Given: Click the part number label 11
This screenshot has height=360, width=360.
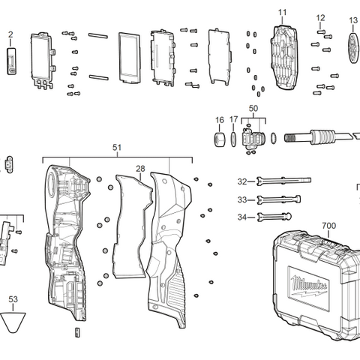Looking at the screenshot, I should coord(282,13).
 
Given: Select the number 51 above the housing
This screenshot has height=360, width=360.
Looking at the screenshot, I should coord(116,149).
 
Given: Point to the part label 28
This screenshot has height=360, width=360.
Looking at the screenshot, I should coord(140,169).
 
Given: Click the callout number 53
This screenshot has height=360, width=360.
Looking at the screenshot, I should coord(13,299).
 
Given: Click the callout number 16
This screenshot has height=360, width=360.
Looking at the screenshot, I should coord(220,120).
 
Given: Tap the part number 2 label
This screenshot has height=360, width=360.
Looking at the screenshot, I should coord(10,34).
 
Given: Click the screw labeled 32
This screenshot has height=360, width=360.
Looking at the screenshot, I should coord(281,181).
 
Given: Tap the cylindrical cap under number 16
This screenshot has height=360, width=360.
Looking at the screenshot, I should coord(220,139).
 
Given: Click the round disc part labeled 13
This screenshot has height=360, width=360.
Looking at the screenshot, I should coord(354,46).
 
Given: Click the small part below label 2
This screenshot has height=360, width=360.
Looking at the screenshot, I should coord(11,60).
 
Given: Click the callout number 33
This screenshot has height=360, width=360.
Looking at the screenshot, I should coord(241,199).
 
